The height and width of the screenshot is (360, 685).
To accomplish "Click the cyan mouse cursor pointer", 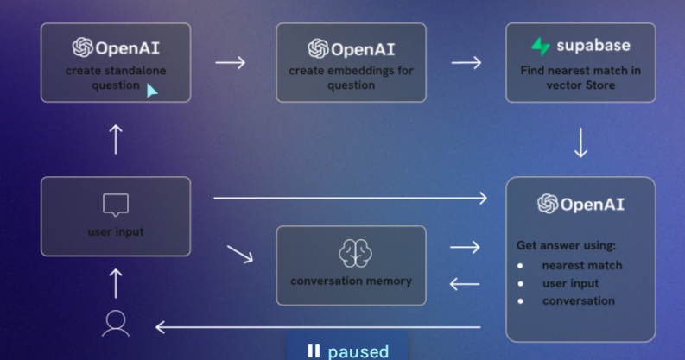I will tap(151, 90).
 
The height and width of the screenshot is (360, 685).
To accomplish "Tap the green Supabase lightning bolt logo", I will tap(542, 47).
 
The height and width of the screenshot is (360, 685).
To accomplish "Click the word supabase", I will tap(593, 47).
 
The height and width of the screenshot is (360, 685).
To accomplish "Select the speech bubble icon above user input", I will tap(116, 205).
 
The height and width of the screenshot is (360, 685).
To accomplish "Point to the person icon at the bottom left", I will tap(116, 322).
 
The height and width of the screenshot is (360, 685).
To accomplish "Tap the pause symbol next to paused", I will tap(314, 351).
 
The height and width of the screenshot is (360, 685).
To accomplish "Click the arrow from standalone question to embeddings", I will tap(230, 62).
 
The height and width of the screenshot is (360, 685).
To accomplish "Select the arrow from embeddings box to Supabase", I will tap(466, 62).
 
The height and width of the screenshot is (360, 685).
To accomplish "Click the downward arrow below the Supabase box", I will tap(580, 143).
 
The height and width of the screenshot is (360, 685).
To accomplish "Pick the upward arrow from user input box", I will tap(117, 139).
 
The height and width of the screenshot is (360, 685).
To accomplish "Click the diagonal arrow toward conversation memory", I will tap(240, 255).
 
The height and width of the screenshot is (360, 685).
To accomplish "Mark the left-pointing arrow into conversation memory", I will tap(465, 283).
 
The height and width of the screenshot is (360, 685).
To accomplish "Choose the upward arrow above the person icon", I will tap(117, 282).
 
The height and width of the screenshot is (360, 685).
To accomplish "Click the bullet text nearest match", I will tap(581, 265).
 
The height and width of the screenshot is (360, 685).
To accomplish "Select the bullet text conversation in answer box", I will tap(578, 300).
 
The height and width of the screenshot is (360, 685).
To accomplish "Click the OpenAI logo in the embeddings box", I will tap(317, 48).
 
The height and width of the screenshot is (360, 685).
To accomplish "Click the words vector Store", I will tap(580, 85).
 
